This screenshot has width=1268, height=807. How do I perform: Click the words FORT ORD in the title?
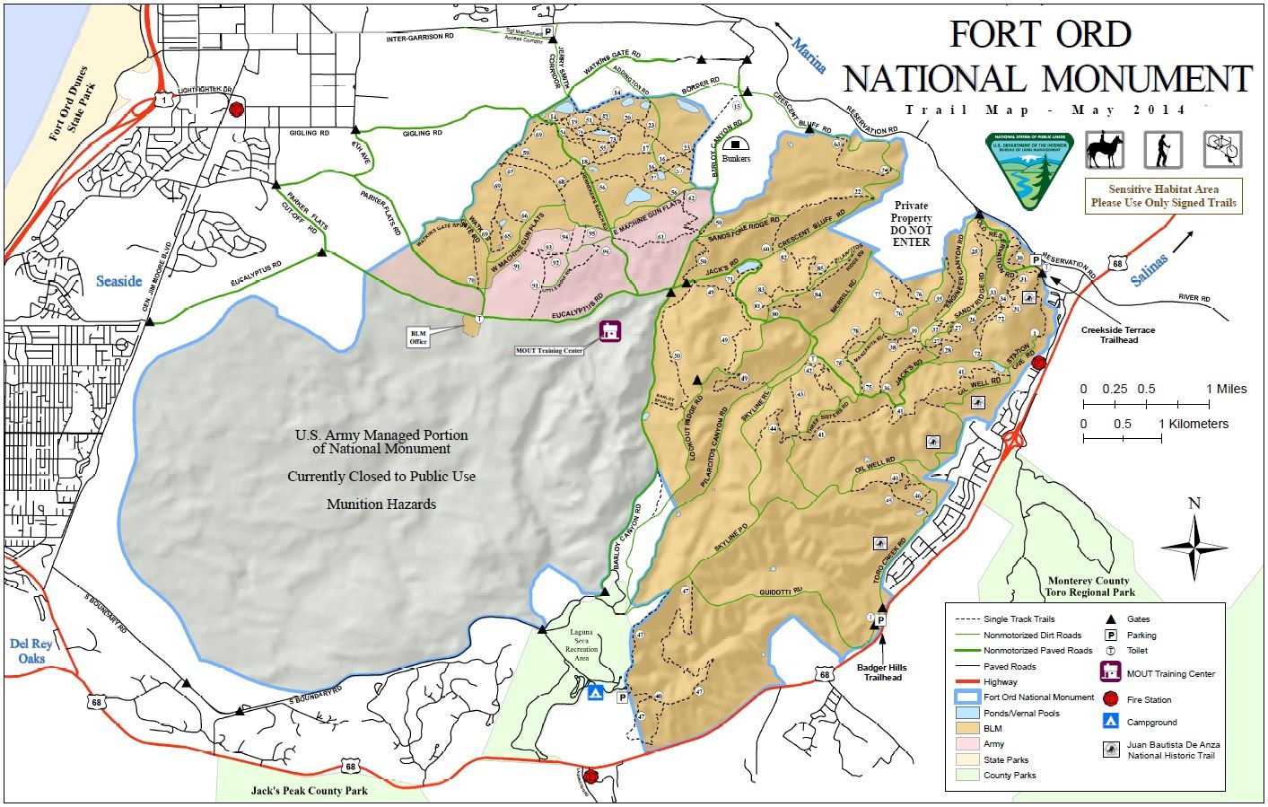tap(1040, 35)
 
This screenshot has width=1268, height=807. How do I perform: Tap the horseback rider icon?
tap(1104, 149)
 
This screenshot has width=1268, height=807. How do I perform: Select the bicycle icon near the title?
tap(1222, 149)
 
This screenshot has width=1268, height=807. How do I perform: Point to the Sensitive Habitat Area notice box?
tap(1163, 196)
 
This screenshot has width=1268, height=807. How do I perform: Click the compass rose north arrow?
tap(1194, 547)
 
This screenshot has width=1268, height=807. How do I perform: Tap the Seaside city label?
tap(119, 281)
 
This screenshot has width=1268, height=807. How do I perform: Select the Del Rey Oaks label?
tap(31, 651)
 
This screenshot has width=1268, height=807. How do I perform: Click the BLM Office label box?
tap(418, 338)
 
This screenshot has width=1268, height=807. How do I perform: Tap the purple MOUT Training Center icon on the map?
tap(611, 331)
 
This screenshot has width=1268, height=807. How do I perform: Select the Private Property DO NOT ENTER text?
tap(911, 224)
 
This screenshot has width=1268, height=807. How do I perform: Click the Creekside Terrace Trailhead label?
tap(1117, 335)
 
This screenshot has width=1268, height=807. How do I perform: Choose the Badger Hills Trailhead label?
tap(882, 671)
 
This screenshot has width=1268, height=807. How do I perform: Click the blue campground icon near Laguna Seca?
tap(594, 693)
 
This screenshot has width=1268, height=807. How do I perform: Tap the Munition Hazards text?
tap(381, 504)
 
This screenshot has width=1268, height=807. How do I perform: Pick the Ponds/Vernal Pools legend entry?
tap(1021, 714)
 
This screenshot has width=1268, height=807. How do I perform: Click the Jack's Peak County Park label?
tap(309, 791)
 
